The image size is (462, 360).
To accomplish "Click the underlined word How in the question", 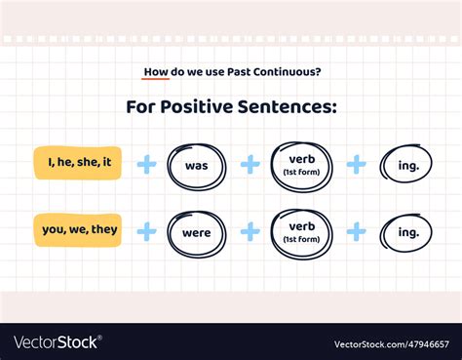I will point(155,71).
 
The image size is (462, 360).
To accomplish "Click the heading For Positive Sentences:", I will point(231,106).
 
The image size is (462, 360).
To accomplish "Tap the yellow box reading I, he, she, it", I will point(78,164).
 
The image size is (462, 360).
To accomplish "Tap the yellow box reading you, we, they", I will point(78,231).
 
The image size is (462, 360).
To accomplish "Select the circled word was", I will point(196,165).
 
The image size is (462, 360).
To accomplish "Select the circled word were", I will point(196,233).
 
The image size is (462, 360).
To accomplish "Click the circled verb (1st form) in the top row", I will point(302,164).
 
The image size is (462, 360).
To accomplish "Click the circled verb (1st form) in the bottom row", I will point(302,233).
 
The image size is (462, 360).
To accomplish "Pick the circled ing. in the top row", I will point(407,165).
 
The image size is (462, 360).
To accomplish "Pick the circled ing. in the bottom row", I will point(407,232).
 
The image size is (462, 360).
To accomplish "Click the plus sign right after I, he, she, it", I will point(146,164).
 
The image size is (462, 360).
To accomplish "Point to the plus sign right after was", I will point(250,164).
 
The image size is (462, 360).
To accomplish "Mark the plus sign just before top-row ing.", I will point(357,164).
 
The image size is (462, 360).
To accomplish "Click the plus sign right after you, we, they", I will point(146,231).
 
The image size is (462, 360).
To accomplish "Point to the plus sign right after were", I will point(250,231).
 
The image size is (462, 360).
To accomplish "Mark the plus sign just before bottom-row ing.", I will point(357,231).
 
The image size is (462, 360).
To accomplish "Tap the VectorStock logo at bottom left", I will point(57,342).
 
